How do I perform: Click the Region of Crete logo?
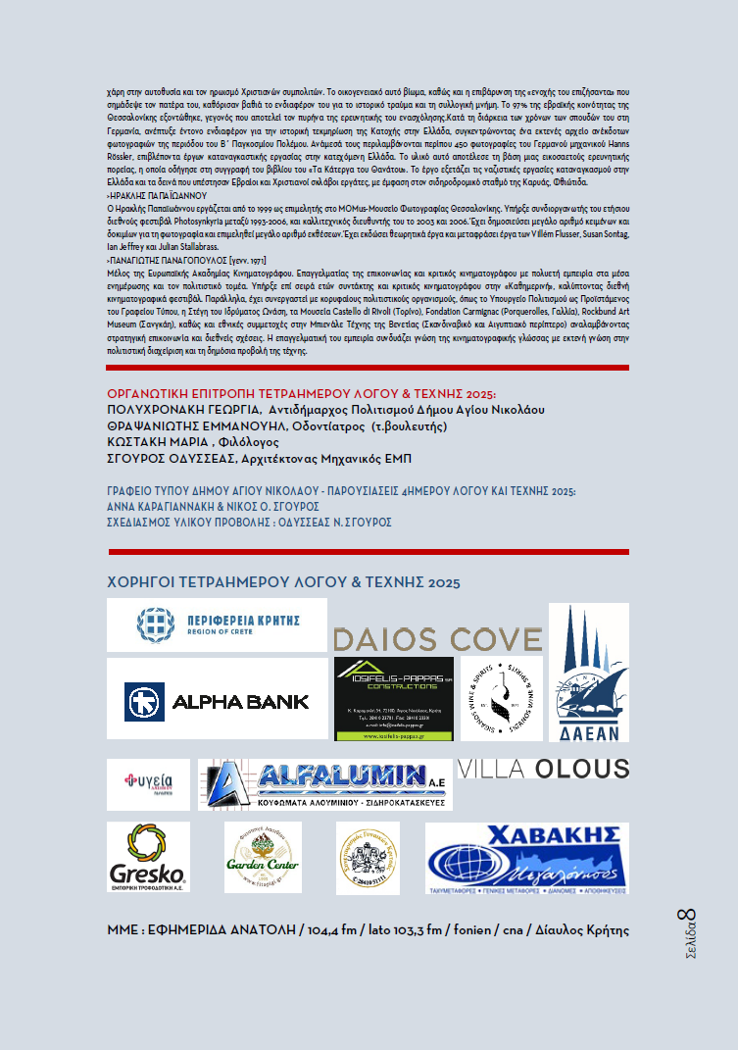click(217, 625)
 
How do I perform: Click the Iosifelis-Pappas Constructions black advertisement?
click(394, 698)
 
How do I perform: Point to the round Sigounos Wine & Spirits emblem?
click(502, 698)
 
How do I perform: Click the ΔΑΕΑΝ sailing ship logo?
click(588, 674)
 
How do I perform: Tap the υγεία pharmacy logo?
click(148, 784)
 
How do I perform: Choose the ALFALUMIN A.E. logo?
click(324, 784)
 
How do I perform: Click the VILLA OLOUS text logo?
click(543, 769)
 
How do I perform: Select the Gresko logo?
click(148, 857)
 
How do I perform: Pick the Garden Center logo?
click(263, 857)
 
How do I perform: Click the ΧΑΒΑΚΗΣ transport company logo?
click(525, 858)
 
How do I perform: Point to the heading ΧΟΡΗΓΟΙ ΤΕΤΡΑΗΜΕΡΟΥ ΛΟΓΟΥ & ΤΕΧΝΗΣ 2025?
click(283, 583)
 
